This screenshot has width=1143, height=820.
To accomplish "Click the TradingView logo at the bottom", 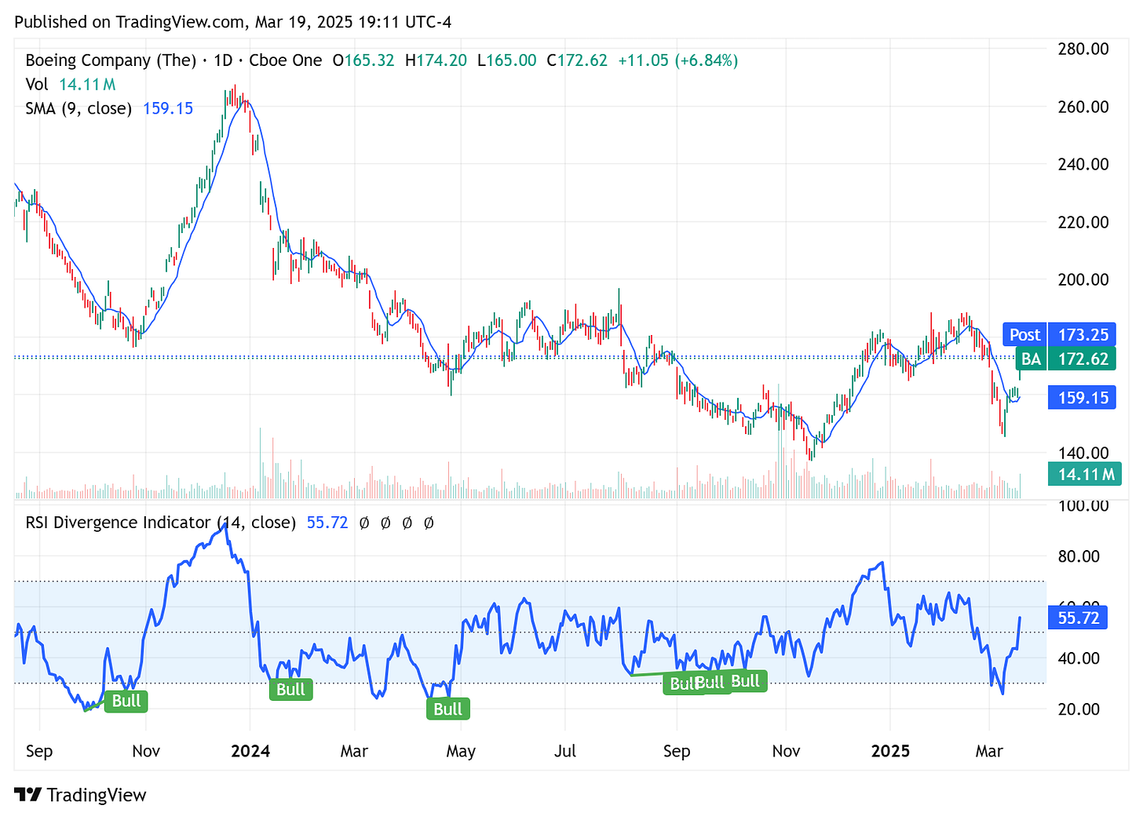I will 80,795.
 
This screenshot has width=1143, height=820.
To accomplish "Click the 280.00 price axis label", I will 1083,49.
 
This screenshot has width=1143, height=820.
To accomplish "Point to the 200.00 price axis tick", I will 1083,279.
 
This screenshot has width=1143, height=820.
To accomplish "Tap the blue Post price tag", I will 1024,334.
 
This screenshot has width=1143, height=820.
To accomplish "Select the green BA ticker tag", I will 1030,359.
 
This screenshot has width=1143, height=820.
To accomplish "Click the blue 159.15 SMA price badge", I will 1083,398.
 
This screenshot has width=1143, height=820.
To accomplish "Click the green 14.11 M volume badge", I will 1086,474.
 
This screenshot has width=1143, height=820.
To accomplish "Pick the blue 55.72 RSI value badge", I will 1078,618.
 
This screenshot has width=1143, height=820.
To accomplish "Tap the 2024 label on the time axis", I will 250,751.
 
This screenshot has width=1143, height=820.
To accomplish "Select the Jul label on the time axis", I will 564,751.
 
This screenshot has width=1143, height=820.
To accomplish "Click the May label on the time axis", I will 460,751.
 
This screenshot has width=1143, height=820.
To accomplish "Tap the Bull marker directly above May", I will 447,709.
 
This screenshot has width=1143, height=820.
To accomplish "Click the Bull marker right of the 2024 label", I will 290,690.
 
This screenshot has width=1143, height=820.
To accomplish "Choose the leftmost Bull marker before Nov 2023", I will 126,701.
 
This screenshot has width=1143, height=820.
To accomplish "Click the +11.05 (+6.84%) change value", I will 677,60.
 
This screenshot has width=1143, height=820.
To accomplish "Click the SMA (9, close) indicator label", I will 79,108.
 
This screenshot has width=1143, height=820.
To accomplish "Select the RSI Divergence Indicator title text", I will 118,523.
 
